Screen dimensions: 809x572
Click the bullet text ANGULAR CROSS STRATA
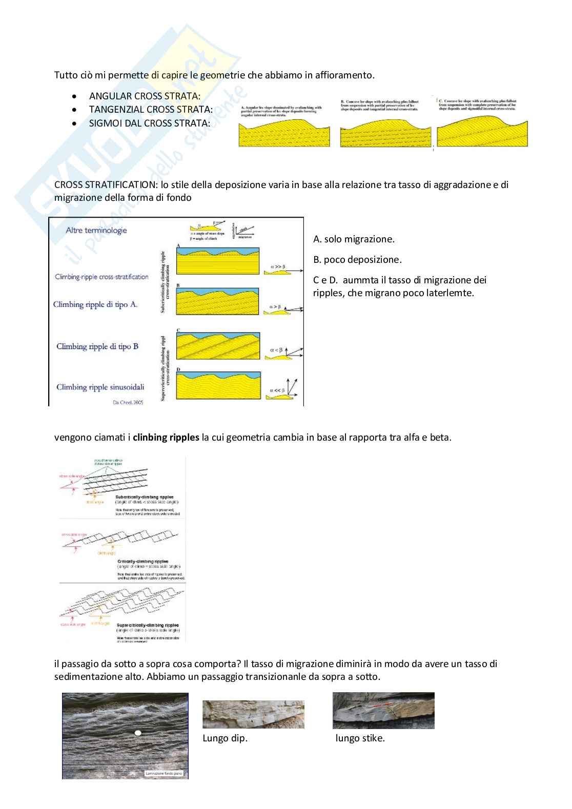pos(145,96)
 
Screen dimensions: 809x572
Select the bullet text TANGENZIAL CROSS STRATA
pos(151,110)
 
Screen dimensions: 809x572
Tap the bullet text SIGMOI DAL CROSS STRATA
pos(149,123)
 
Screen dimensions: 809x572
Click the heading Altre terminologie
pos(96,231)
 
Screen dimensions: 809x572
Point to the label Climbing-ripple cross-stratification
pos(101,277)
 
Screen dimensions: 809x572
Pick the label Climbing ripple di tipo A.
pos(95,305)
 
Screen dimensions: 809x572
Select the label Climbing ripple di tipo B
pos(97,347)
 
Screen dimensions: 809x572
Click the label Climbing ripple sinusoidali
pos(100,387)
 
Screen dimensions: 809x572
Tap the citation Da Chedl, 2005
pos(128,403)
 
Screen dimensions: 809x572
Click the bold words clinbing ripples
pos(166,438)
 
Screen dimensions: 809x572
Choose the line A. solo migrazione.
pos(354,239)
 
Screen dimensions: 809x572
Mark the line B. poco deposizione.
pos(357,260)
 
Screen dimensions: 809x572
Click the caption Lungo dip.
pos(225,738)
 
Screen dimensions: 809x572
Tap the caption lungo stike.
pos(360,738)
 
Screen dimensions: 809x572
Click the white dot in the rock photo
pos(137,734)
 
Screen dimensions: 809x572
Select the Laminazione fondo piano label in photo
pos(164,774)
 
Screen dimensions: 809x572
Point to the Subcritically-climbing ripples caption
pos(145,497)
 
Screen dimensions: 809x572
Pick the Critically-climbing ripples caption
pos(142,562)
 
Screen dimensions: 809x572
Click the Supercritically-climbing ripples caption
pos(148,626)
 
